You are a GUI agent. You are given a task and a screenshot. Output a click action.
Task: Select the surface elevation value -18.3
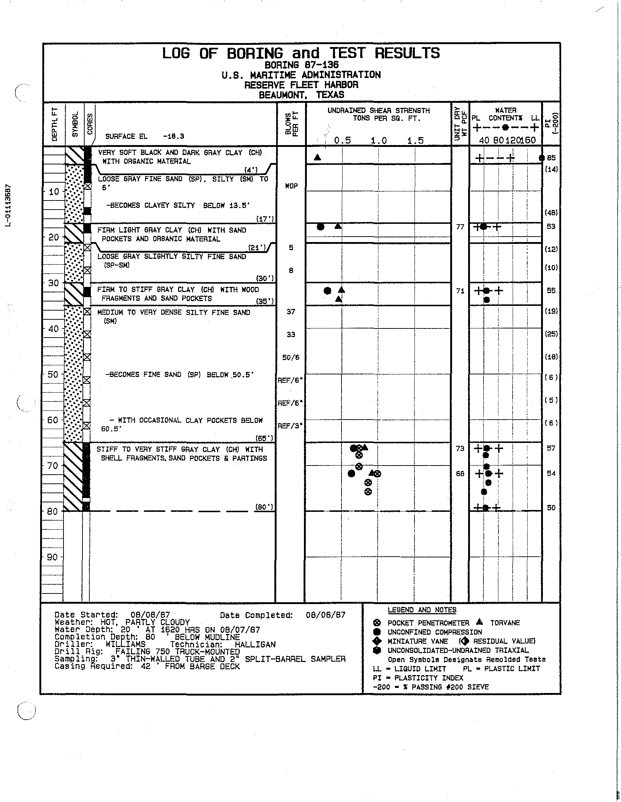[x=173, y=137]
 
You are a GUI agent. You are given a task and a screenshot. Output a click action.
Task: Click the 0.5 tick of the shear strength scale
[x=343, y=141]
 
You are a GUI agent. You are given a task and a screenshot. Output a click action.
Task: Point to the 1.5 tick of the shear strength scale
[x=416, y=141]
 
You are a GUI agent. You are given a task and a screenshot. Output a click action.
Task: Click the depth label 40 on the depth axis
[x=54, y=329]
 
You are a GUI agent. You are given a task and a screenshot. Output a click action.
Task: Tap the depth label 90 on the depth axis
[x=54, y=557]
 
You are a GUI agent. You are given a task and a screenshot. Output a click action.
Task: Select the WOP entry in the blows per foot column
[x=291, y=186]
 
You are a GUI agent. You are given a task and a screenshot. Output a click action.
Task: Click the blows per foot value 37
[x=291, y=312]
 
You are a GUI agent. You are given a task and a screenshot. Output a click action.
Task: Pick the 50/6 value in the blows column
[x=291, y=357]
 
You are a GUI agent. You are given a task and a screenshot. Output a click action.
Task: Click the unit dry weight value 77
[x=460, y=227]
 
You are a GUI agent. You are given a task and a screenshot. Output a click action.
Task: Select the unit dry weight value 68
[x=460, y=474]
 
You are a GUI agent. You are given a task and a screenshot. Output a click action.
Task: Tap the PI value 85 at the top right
[x=551, y=158]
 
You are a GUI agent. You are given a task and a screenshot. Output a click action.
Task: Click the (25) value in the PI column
[x=551, y=334]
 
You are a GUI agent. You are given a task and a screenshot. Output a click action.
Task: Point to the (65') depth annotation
[x=264, y=438]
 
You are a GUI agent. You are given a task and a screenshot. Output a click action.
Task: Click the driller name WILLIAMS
[x=126, y=644]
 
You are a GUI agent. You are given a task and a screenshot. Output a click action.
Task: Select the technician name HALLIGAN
[x=255, y=644]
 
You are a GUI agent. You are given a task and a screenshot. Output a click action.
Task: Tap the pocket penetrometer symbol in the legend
[x=376, y=623]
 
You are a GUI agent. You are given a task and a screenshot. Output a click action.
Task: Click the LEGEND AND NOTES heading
[x=422, y=610]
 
